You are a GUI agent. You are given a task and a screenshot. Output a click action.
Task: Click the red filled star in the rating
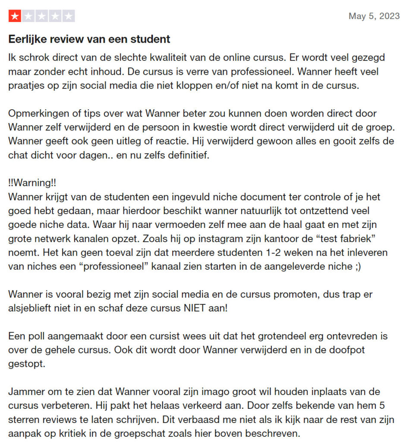15,17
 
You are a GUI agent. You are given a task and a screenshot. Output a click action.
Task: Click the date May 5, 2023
374,16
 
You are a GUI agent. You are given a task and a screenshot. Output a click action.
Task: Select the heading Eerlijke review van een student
89,39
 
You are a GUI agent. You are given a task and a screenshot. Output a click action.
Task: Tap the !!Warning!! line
32,183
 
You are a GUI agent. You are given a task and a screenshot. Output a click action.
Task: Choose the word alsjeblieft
31,309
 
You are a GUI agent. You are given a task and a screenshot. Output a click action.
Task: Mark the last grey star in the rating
69,17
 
